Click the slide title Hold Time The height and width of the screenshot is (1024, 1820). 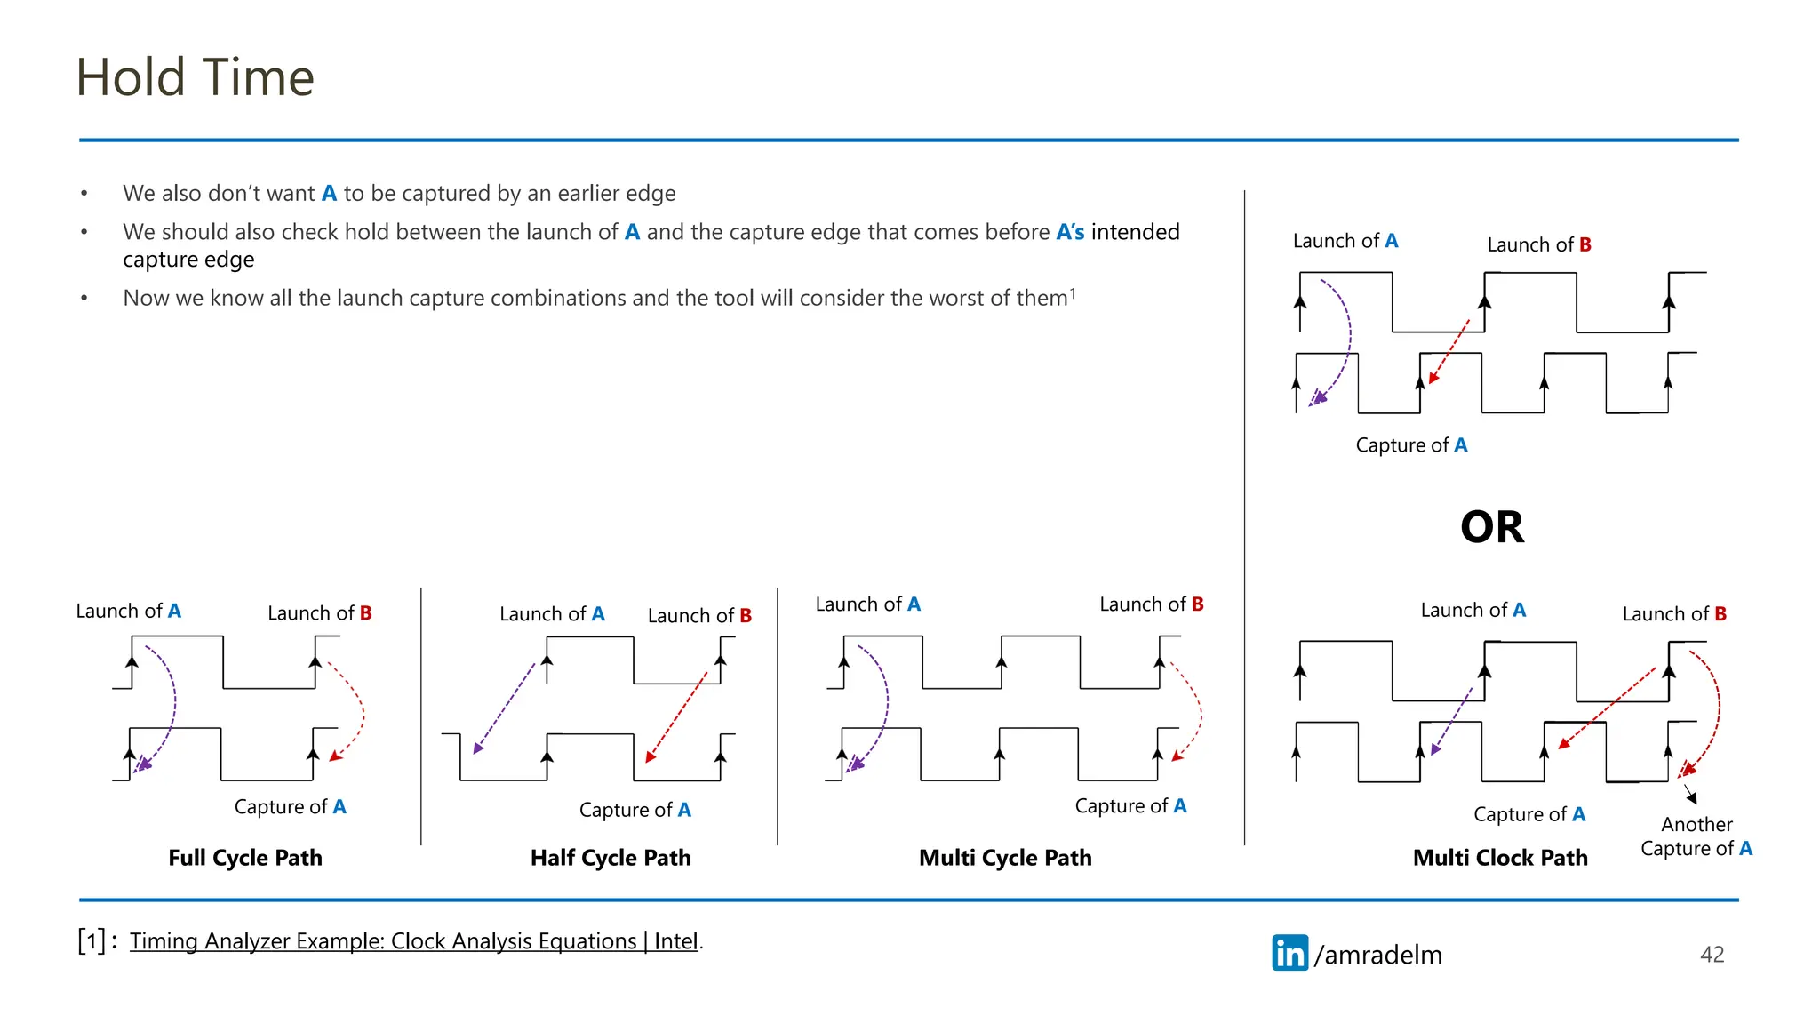coord(196,77)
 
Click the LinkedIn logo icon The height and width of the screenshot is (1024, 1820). coord(1289,953)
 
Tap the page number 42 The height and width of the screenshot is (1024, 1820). coord(1712,955)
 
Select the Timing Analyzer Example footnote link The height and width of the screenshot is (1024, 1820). coord(413,941)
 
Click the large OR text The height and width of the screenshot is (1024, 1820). coord(1492,527)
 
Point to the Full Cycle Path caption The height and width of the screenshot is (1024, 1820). coord(245,858)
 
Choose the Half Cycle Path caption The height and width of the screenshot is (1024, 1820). coord(611,858)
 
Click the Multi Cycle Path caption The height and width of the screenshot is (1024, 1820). coord(1005,858)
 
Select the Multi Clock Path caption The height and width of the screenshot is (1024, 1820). coord(1500,858)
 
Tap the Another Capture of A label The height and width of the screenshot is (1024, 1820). coord(1696,836)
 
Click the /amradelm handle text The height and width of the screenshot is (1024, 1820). coord(1378,955)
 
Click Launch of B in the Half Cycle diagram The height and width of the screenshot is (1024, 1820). coord(699,615)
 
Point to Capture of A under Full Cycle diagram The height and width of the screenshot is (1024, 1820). coord(290,807)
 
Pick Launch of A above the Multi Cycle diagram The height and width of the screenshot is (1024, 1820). coord(867,604)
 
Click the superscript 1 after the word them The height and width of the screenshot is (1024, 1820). coord(1073,292)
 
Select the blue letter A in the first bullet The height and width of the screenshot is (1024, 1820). coord(329,194)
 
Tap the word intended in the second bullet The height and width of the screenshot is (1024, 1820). coord(1135,232)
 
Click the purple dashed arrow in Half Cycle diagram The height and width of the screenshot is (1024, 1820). coord(505,708)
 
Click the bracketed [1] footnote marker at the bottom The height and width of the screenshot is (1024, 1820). coord(92,940)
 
